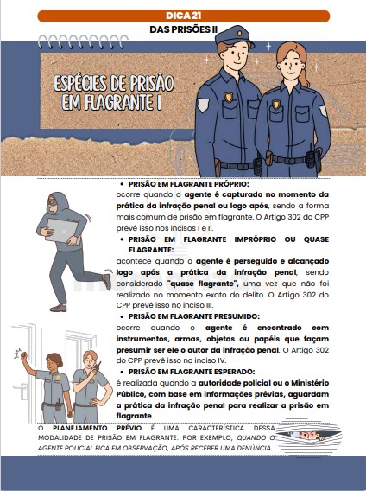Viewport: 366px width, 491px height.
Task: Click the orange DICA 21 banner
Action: (x=182, y=16)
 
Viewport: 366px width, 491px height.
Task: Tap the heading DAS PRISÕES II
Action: (x=182, y=29)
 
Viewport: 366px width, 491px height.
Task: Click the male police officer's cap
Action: (x=227, y=38)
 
